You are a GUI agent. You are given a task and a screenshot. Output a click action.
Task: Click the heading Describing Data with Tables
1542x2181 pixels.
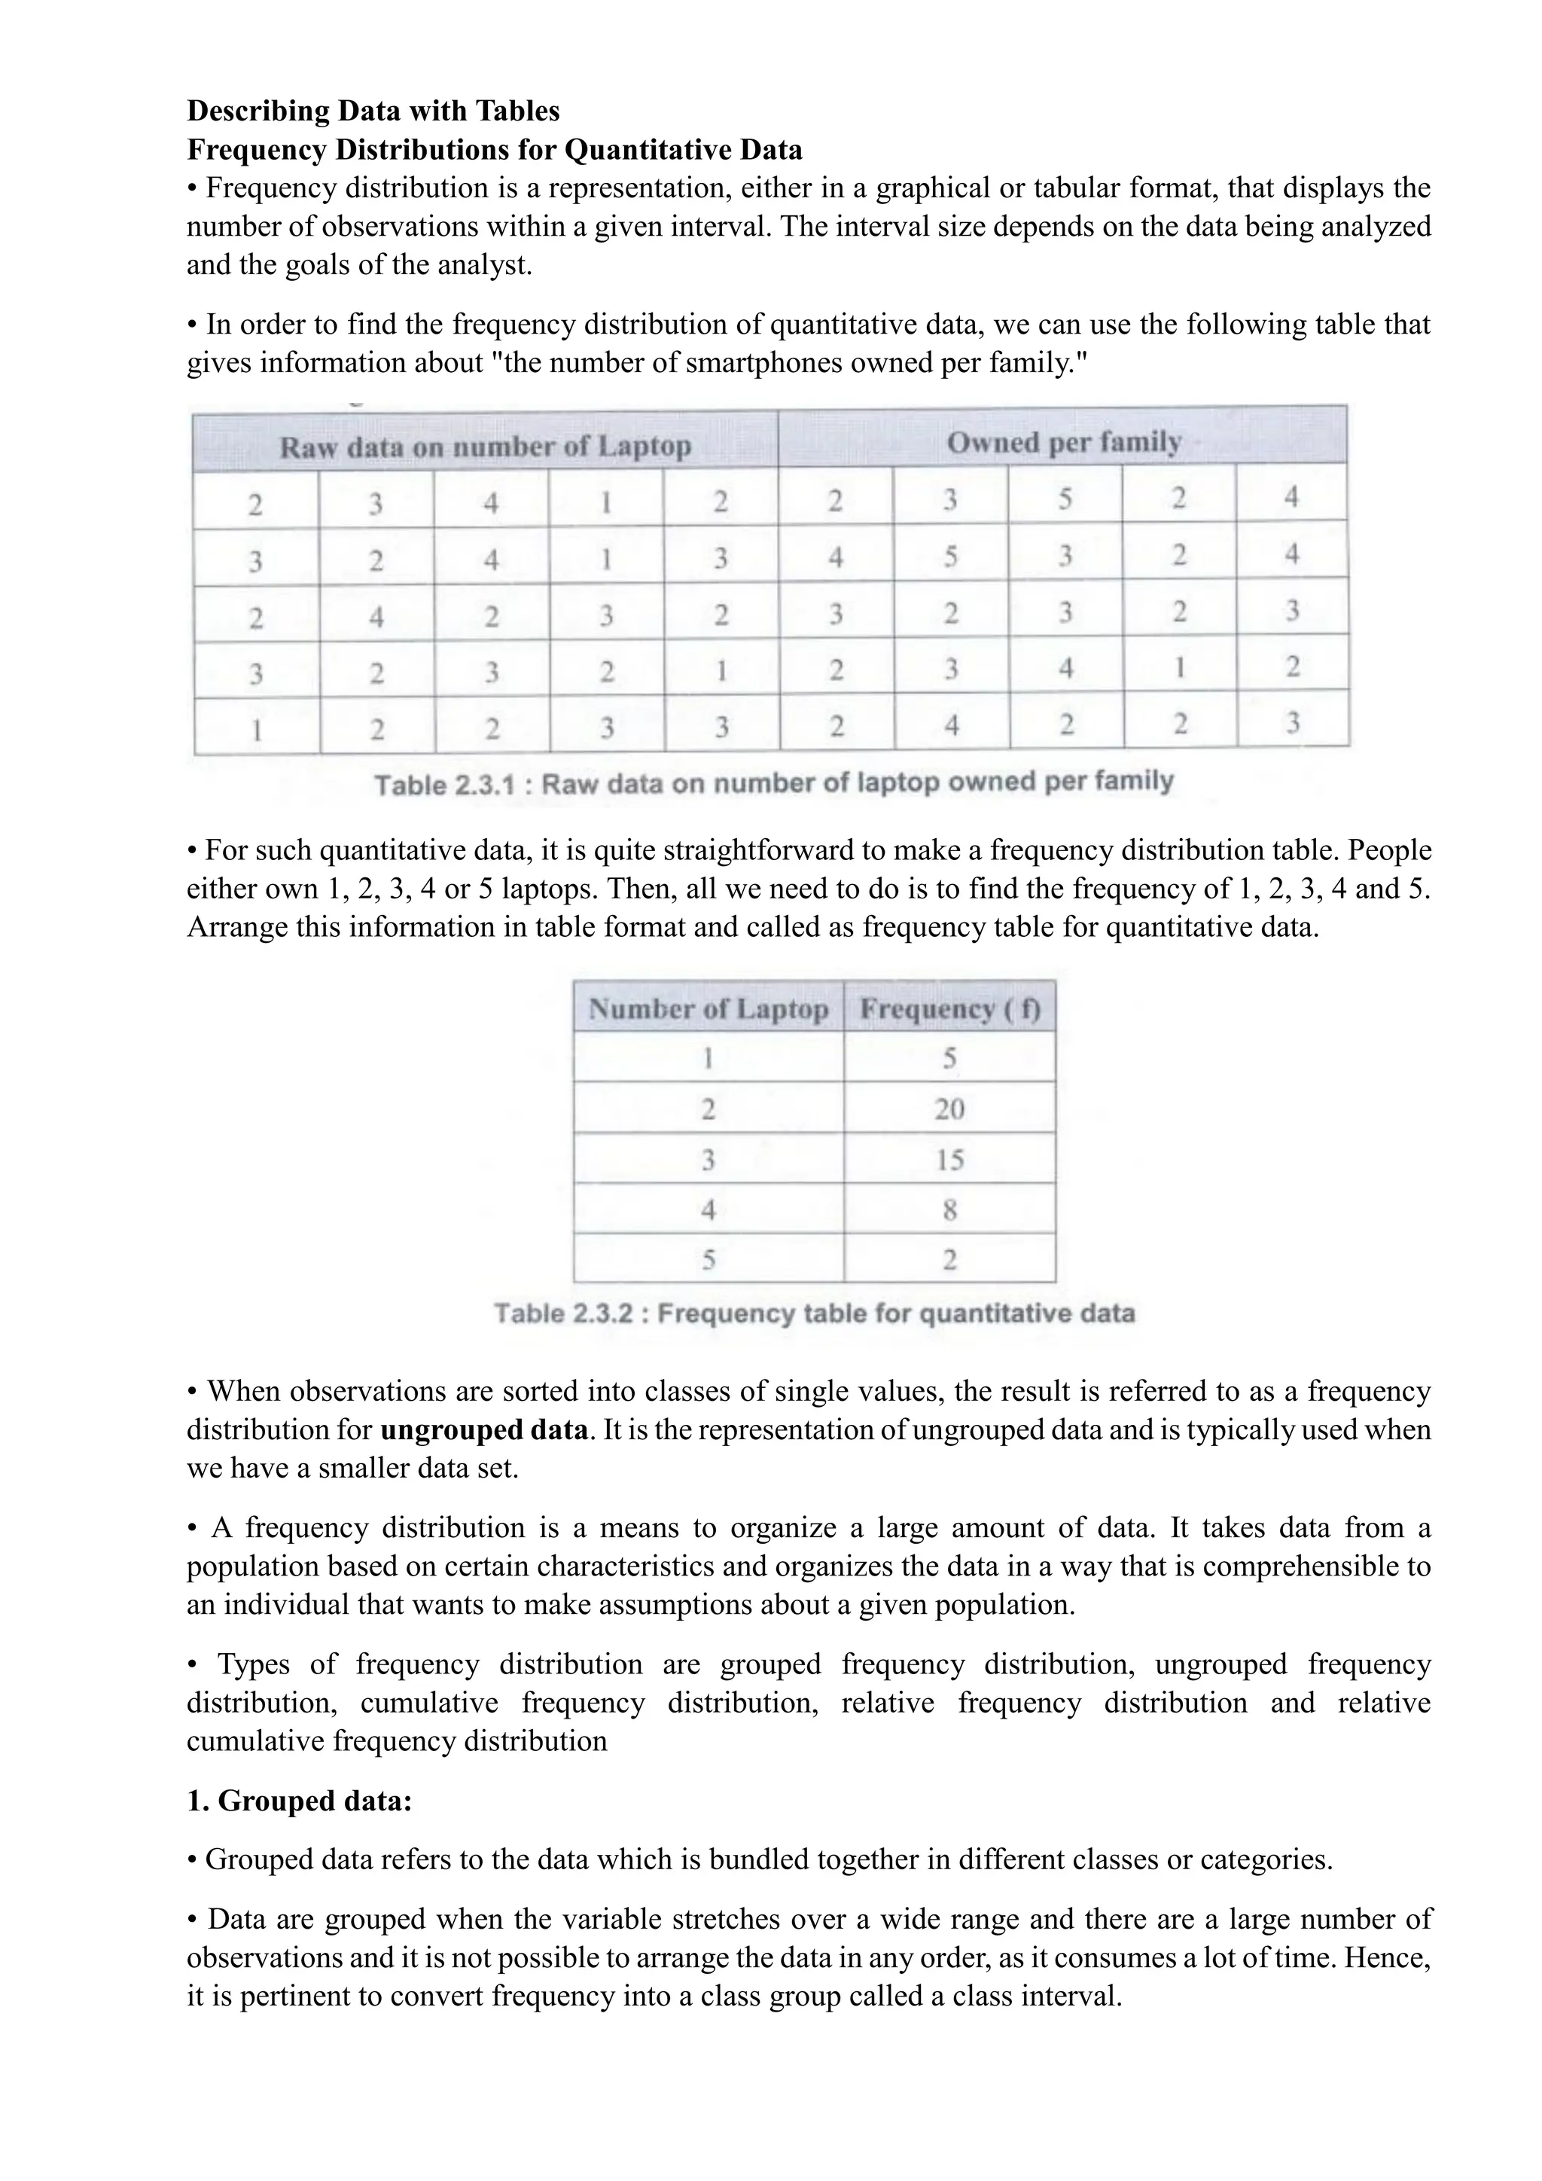pos(373,111)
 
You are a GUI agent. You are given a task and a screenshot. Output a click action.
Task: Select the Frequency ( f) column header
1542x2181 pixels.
pos(949,1009)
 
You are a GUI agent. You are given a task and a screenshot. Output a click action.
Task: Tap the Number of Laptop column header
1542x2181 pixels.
pos(709,1009)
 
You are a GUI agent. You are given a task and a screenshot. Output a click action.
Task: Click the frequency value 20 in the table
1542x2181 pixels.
pos(949,1109)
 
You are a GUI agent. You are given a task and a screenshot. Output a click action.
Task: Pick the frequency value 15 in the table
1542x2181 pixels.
pos(949,1160)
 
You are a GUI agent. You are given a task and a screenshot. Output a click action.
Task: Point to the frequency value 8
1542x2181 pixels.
pos(949,1210)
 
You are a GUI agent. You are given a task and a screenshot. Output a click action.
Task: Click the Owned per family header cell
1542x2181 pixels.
pos(1063,443)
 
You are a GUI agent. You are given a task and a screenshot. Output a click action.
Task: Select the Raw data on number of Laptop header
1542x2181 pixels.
pos(485,447)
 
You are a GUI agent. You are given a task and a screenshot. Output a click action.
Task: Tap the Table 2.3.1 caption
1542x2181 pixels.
pos(774,784)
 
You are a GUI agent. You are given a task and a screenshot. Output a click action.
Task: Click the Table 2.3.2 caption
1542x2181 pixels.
pos(815,1313)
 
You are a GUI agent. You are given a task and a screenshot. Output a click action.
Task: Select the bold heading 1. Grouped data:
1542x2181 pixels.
pos(299,1801)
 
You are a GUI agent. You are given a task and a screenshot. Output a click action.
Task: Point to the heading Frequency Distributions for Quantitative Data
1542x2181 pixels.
pos(494,150)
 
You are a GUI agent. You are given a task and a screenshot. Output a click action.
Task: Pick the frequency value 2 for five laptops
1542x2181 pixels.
pos(949,1261)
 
